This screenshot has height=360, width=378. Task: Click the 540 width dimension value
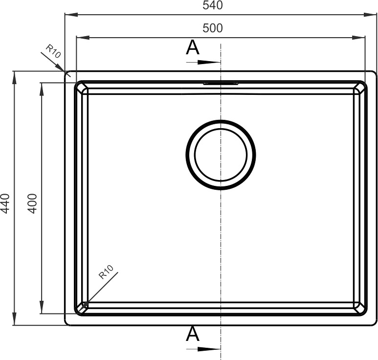[213, 5]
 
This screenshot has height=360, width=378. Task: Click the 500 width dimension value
[213, 28]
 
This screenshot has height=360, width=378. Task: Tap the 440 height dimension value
[5, 203]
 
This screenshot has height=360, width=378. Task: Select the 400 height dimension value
[32, 203]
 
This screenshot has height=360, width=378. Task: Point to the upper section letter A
[193, 47]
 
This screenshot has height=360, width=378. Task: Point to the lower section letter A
[193, 334]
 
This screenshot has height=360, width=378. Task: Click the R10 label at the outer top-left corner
[53, 51]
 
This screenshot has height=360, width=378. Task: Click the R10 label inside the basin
[106, 272]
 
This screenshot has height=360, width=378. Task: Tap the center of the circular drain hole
[221, 155]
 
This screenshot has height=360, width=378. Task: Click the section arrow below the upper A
[203, 63]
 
